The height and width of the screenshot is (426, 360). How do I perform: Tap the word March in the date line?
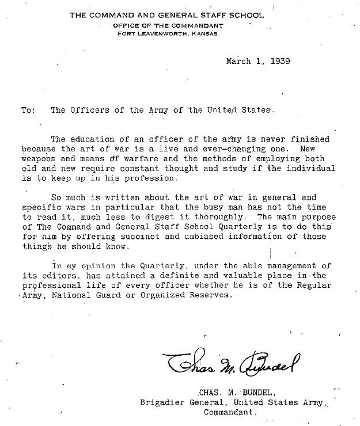(x=238, y=61)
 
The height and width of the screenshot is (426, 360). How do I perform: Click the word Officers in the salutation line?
(x=86, y=111)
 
